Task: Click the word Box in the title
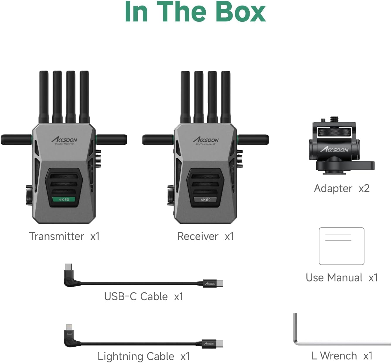(240, 12)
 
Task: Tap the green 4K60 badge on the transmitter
(64, 199)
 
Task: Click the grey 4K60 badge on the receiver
(205, 200)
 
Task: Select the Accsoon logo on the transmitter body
(64, 140)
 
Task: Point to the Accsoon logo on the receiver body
(206, 140)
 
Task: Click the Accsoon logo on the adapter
(334, 150)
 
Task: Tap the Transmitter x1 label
(64, 236)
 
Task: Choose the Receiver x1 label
(205, 236)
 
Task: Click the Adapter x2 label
(342, 188)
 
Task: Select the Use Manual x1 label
(342, 277)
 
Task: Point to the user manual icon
(341, 246)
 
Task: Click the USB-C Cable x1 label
(144, 296)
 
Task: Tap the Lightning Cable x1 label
(144, 356)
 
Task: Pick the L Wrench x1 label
(342, 356)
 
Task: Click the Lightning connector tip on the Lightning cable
(69, 327)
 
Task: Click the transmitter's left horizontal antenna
(16, 140)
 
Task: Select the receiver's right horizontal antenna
(254, 140)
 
